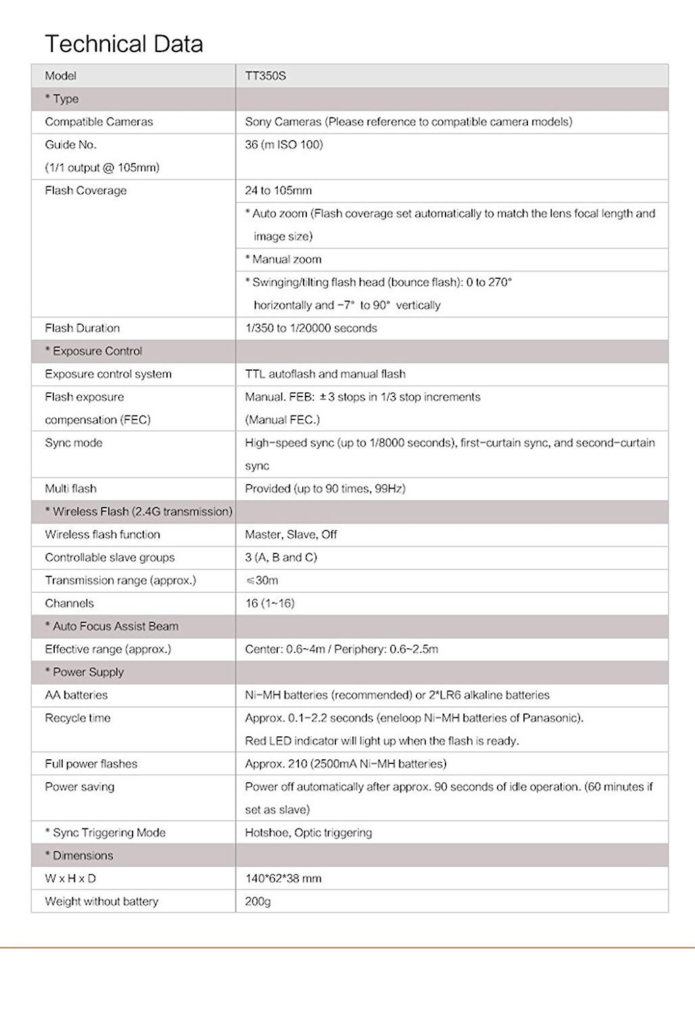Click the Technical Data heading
point(124,44)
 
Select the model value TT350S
point(265,76)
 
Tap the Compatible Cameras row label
point(99,122)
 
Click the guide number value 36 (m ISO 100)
point(283,145)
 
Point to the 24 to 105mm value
point(278,191)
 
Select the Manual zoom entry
point(283,259)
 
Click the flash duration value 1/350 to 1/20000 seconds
point(311,328)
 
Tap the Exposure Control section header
point(94,351)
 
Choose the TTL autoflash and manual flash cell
point(325,374)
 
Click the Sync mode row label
point(74,443)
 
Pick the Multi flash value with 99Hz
point(325,489)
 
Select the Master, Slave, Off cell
point(291,535)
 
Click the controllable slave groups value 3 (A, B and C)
point(281,558)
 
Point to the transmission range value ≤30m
point(262,581)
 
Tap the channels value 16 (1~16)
point(270,604)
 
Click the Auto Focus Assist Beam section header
point(112,627)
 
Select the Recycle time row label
point(78,718)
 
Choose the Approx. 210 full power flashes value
point(345,764)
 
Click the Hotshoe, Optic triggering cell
point(308,833)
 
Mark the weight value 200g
point(258,901)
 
